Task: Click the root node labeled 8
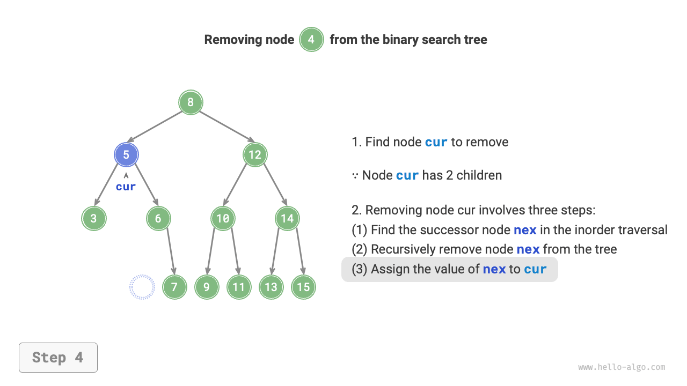coord(191,102)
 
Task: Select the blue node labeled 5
coord(126,155)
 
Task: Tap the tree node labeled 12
coord(255,155)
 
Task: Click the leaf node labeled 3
coord(94,219)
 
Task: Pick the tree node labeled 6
coord(158,219)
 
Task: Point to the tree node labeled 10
coord(223,219)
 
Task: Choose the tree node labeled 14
coord(287,219)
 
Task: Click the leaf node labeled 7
coord(174,287)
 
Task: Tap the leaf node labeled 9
coord(207,287)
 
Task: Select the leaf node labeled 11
coord(239,287)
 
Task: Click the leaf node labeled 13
coord(271,287)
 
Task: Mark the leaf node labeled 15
coord(303,287)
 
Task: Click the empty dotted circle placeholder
coord(142,287)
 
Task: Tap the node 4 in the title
coord(311,40)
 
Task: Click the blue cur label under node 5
coord(126,187)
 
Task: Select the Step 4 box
coord(58,358)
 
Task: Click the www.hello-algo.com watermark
coord(622,367)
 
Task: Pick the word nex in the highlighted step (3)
coord(494,269)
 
